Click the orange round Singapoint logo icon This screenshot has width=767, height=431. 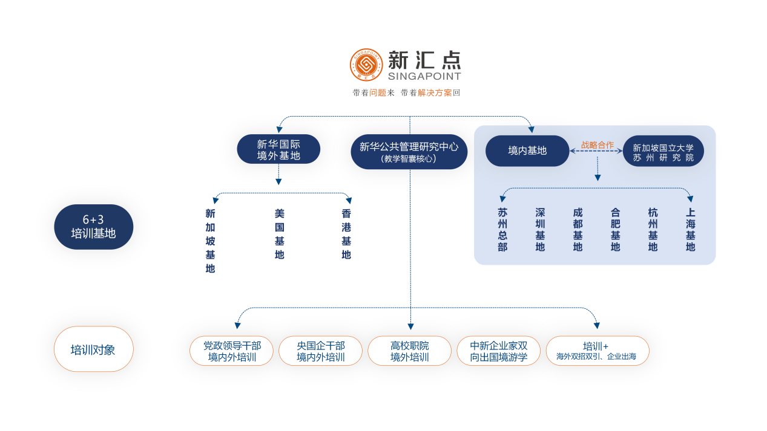366,65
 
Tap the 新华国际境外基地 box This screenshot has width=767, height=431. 278,149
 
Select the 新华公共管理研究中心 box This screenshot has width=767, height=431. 409,151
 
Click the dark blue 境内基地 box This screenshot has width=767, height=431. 527,151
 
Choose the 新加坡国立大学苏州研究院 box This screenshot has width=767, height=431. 663,151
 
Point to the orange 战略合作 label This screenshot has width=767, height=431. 597,145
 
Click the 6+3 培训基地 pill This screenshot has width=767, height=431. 93,227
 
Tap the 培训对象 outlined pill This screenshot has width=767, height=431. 93,349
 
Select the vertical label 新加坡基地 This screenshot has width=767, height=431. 210,241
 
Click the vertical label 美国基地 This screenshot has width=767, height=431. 279,234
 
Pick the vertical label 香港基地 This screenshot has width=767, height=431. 346,234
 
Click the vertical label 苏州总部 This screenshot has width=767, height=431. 502,230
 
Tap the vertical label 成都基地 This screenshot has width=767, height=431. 578,230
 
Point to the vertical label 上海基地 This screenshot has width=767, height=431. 690,230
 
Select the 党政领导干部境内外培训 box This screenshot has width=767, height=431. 231,351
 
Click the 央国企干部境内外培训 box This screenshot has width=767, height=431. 320,351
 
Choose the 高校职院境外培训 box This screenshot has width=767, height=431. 409,351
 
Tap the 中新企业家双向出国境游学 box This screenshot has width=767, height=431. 498,351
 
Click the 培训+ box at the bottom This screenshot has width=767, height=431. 597,351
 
